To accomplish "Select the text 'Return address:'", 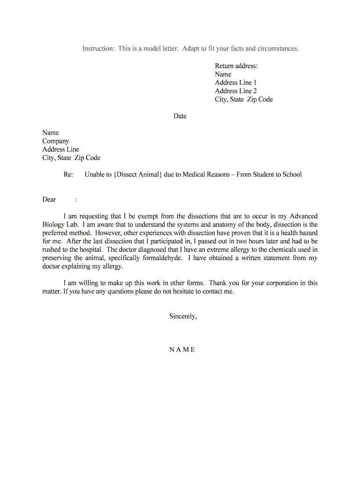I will (236, 66).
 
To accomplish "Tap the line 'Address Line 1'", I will (236, 83).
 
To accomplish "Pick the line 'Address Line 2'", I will (236, 91).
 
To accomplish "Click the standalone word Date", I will (180, 116).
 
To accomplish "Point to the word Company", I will (56, 141).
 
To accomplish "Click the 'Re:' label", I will (68, 174).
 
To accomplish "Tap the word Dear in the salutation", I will (49, 200).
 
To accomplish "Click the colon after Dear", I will (75, 200).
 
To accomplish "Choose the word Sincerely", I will (183, 317).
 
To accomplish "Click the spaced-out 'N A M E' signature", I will (182, 350).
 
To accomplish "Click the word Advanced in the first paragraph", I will (303, 216).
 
